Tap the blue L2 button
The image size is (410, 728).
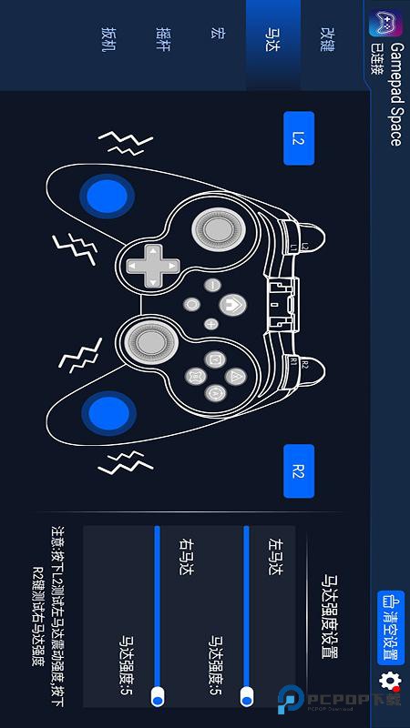[298, 138]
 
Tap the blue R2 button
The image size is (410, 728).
[298, 470]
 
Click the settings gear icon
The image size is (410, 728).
[390, 681]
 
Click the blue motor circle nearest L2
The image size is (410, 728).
[108, 196]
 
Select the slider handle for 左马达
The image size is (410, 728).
[246, 696]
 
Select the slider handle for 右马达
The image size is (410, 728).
[158, 696]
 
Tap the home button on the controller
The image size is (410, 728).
[234, 302]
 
